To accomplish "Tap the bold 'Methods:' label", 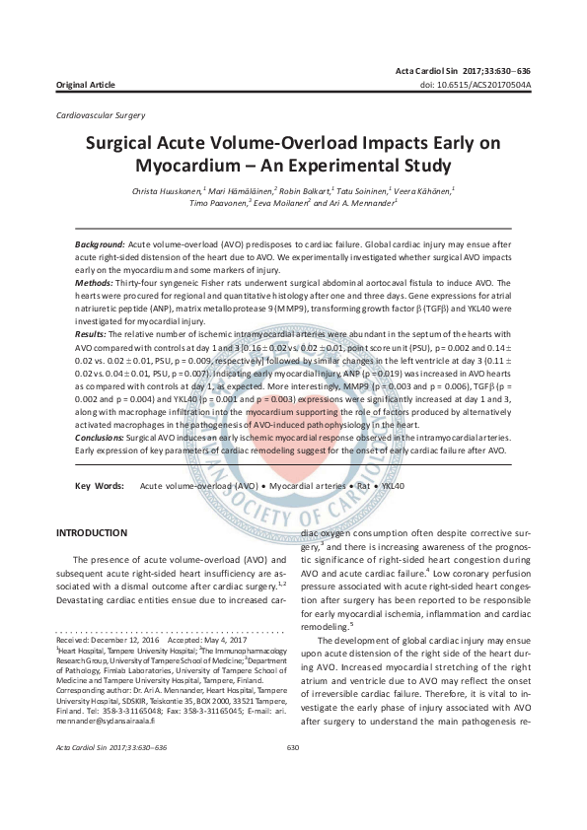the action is [x=96, y=281].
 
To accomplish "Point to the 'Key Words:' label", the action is [x=100, y=486].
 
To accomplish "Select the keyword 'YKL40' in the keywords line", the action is [x=393, y=486].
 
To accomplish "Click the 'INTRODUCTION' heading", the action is [x=93, y=533].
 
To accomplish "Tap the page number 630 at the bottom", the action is [x=292, y=776].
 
